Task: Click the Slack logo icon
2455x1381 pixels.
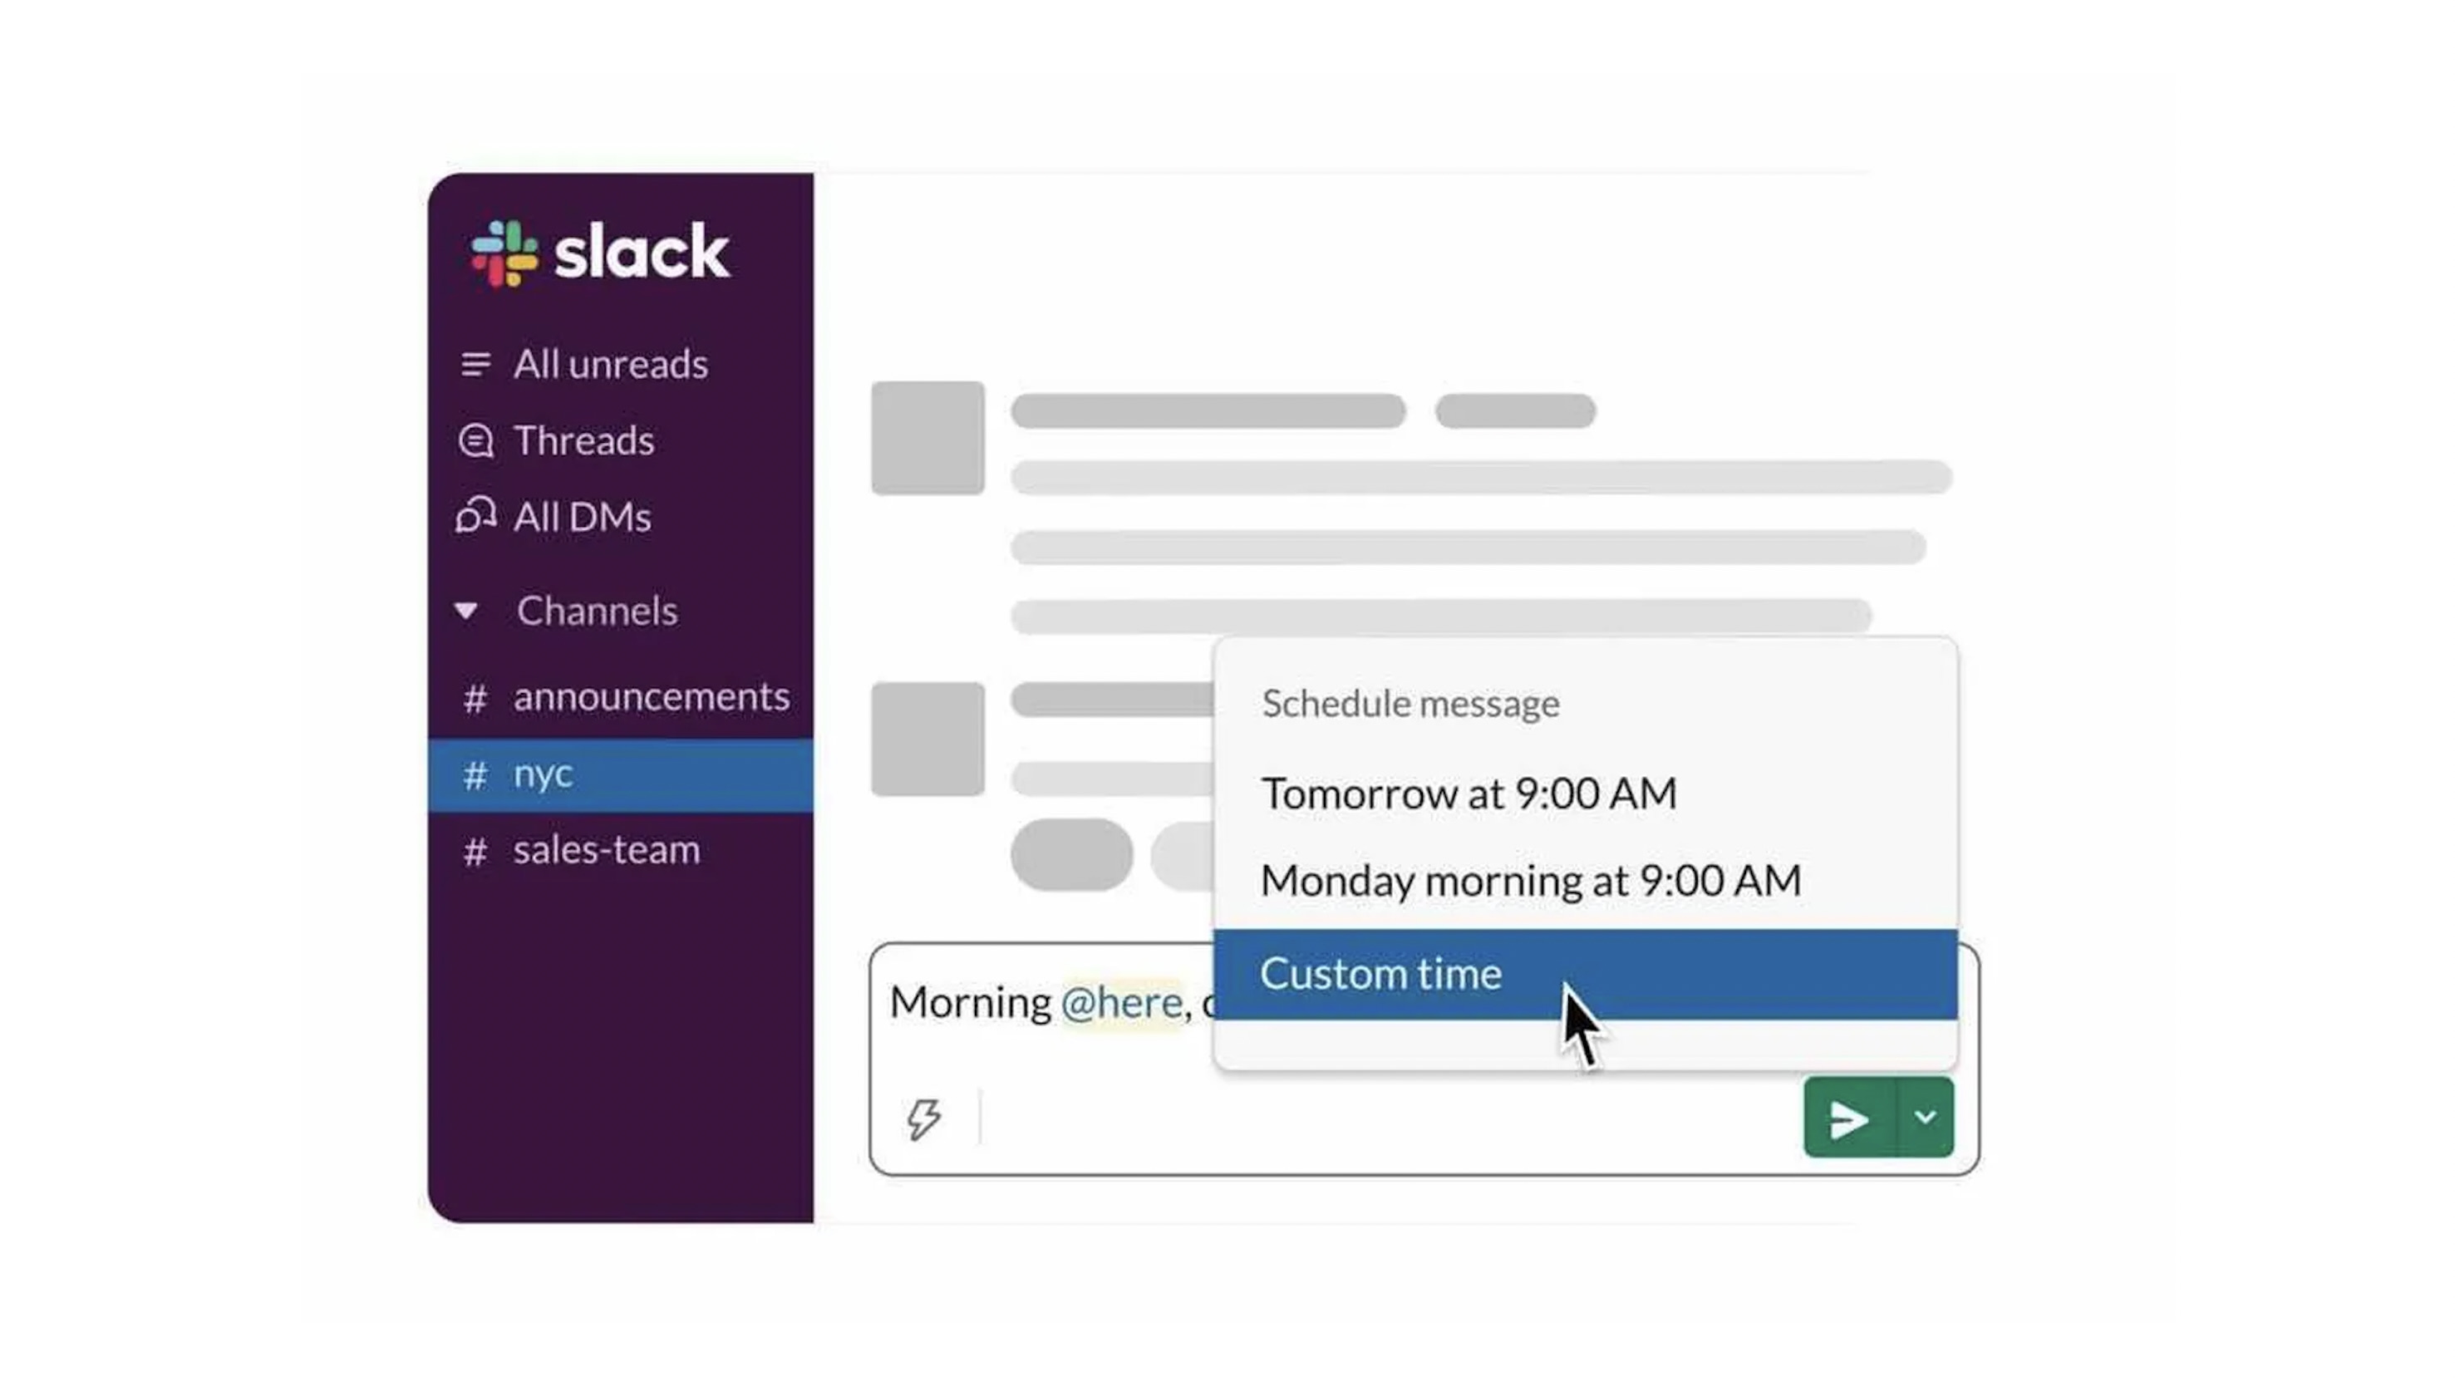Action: (x=504, y=253)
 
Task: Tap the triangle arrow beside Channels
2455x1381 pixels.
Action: (x=466, y=610)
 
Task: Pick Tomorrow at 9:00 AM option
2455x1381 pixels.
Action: (x=1469, y=793)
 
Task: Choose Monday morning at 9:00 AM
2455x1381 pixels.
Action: (x=1531, y=880)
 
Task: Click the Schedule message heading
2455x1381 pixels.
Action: (x=1410, y=703)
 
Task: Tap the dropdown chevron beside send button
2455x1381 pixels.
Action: (x=1925, y=1118)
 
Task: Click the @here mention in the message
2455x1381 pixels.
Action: (x=1122, y=1003)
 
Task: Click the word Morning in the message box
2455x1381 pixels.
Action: (x=970, y=1003)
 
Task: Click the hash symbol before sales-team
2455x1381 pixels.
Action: (x=475, y=850)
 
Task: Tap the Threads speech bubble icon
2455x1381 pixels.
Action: (x=475, y=441)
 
